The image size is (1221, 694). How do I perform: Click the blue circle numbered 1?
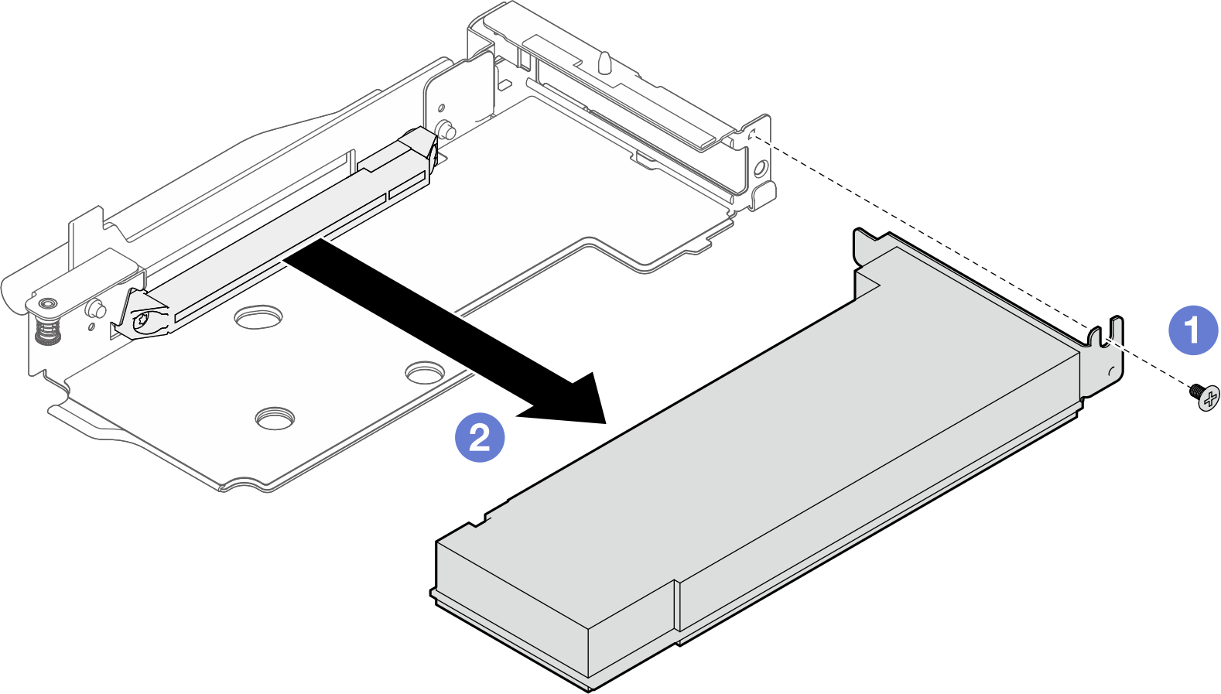[x=1192, y=330]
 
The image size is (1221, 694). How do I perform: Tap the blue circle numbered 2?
[x=480, y=438]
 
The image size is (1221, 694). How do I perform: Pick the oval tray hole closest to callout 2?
[x=422, y=374]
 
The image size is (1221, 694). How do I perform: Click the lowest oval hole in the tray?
[x=275, y=418]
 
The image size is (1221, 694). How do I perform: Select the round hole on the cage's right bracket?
[x=760, y=166]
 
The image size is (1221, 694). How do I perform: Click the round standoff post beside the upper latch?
[x=445, y=128]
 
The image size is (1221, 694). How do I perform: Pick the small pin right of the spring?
[x=96, y=308]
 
